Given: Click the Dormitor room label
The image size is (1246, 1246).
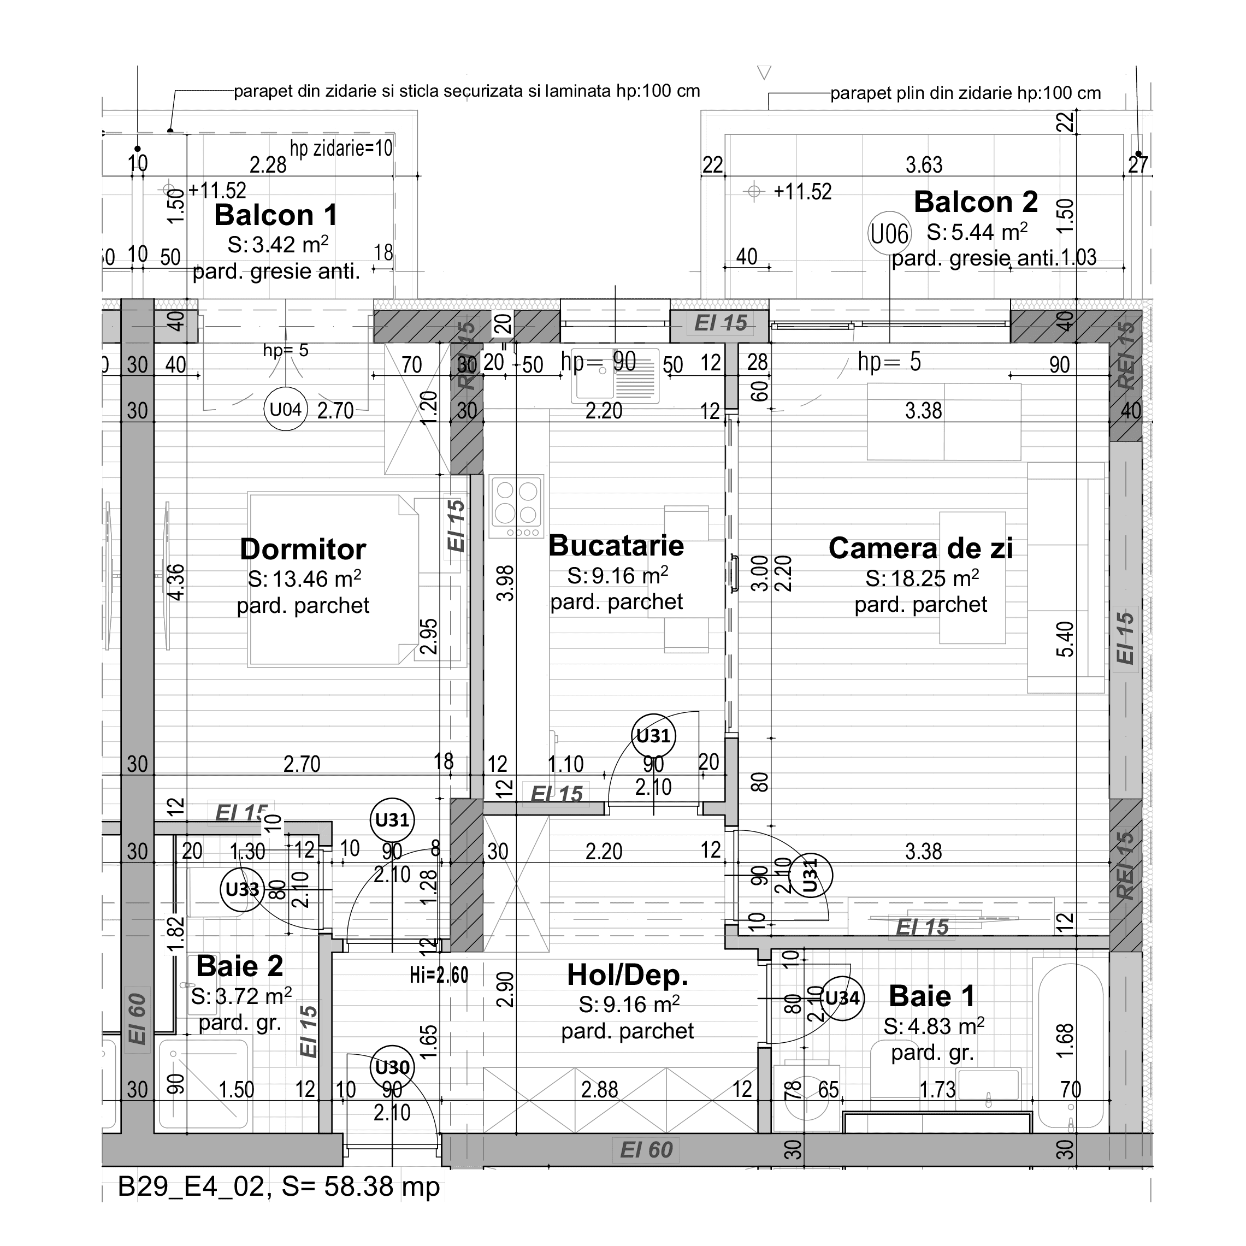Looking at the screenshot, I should [303, 550].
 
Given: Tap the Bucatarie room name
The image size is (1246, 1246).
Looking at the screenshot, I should [616, 546].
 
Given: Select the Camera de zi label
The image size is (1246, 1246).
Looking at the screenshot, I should [920, 548].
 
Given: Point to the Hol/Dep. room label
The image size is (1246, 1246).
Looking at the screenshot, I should [628, 975].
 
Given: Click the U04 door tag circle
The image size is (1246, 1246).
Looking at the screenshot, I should [285, 409].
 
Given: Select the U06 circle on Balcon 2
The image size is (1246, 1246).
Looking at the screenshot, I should [889, 233].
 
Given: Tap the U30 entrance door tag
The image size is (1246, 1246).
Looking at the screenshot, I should [392, 1067].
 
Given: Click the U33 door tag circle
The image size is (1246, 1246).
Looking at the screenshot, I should [242, 889].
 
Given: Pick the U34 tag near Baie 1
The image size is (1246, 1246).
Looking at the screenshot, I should [842, 999].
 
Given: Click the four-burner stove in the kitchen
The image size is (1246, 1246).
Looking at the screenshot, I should [516, 506].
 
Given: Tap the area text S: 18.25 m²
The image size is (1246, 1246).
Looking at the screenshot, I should [922, 578].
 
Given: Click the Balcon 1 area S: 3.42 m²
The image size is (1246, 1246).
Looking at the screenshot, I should [278, 245].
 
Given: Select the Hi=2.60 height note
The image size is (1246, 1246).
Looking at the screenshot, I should [439, 975].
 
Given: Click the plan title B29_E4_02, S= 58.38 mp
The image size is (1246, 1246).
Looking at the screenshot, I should [279, 1186].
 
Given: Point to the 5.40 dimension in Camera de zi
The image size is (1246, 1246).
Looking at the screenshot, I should [1065, 639].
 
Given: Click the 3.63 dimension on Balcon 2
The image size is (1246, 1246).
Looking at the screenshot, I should [924, 165].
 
